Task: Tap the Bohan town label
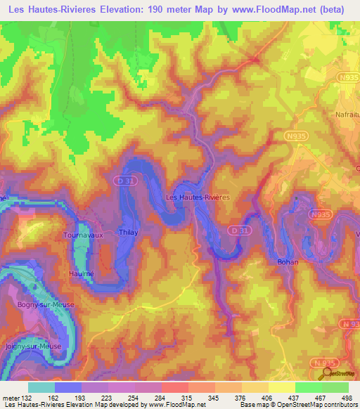click(287, 262)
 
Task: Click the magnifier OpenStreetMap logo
click(325, 374)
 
